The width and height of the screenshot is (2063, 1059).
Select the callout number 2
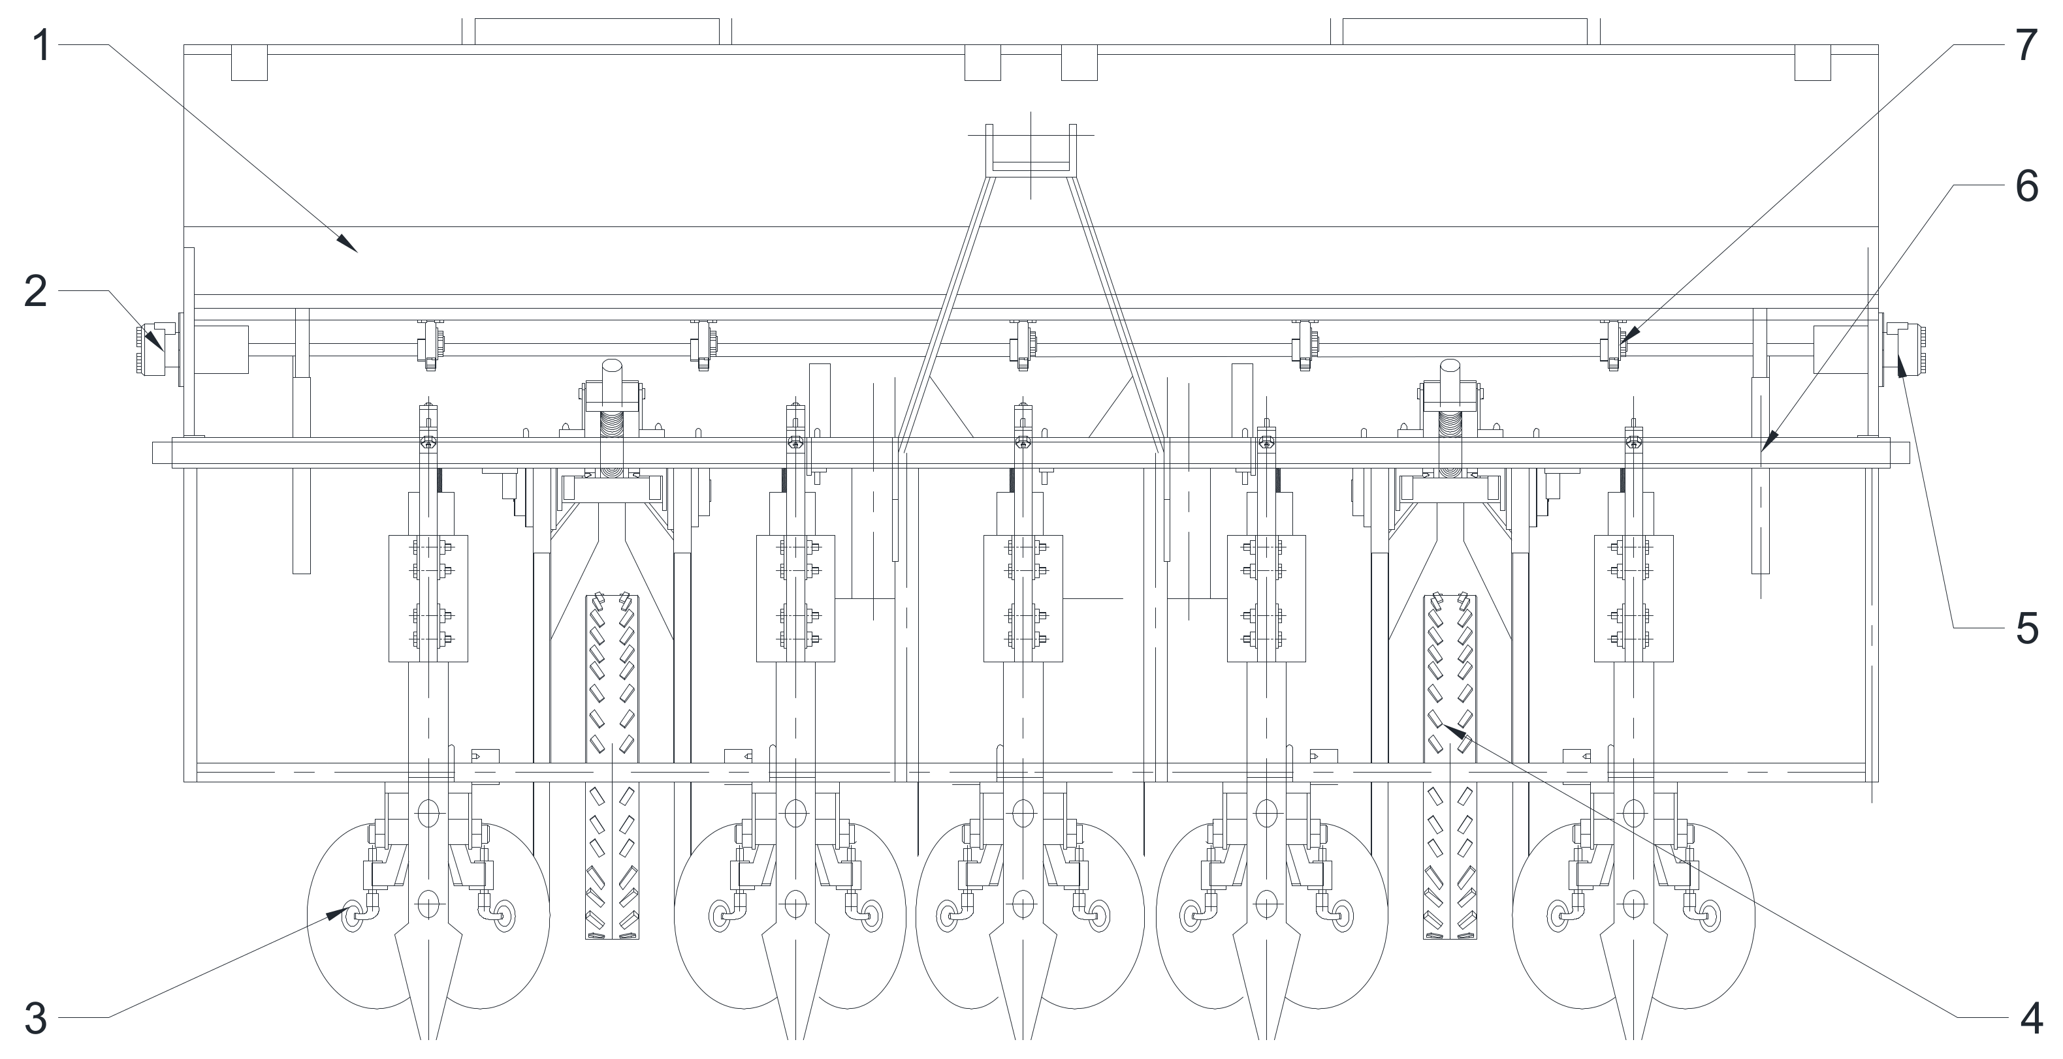35,292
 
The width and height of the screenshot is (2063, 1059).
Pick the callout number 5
2027,628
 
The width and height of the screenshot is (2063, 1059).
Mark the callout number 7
2027,46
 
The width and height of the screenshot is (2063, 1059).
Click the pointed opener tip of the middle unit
1021,1017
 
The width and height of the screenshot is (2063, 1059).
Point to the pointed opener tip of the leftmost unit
428,1017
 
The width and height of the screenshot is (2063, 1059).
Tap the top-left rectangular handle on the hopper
597,31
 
